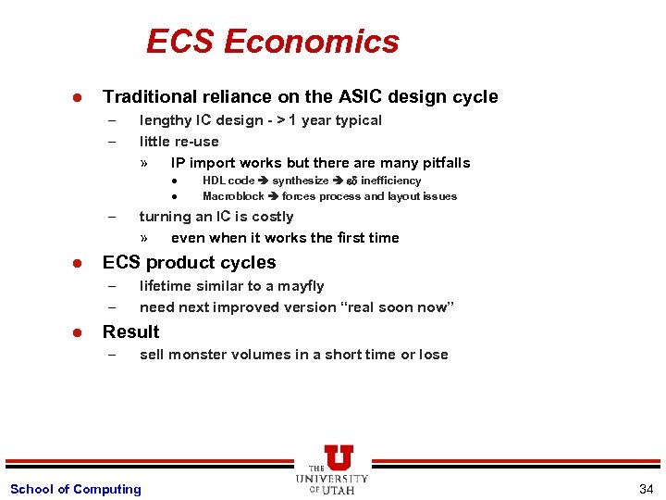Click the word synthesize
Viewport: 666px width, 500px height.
click(300, 181)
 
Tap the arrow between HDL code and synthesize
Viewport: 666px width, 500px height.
click(264, 181)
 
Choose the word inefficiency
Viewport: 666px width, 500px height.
click(390, 181)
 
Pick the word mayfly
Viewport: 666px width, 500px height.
click(299, 286)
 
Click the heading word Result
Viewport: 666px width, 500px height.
click(130, 332)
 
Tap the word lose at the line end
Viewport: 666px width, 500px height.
click(433, 355)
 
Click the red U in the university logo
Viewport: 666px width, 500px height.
click(339, 457)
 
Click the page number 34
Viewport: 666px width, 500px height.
click(646, 489)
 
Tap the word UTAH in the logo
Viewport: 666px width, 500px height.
click(339, 490)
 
